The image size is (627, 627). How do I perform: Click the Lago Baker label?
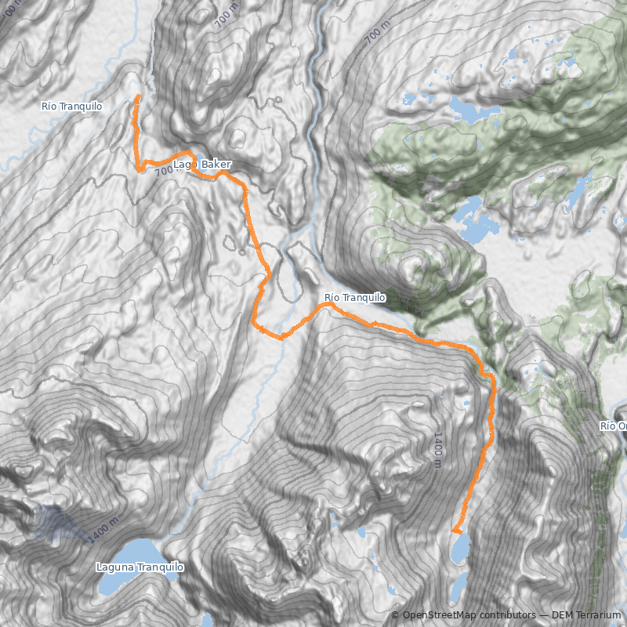(x=202, y=165)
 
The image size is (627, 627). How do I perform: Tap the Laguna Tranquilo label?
(x=140, y=567)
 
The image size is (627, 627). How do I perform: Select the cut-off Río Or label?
(x=614, y=426)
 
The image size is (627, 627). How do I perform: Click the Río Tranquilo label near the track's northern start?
(x=72, y=106)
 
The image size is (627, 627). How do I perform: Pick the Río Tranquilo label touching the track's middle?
(x=354, y=298)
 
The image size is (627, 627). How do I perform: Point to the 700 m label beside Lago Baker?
(x=163, y=171)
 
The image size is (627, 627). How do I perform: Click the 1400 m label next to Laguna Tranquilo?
(x=103, y=531)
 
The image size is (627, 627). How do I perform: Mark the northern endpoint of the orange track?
(x=138, y=96)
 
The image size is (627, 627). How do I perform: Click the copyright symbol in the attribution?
(x=395, y=615)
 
